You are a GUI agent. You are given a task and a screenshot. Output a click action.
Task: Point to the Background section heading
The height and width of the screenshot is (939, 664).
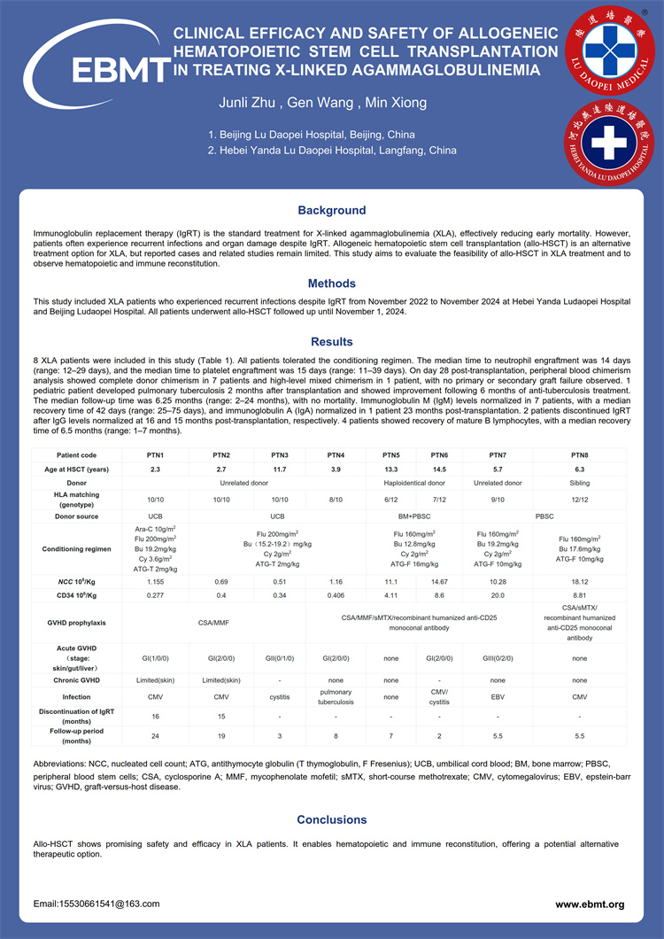tap(331, 211)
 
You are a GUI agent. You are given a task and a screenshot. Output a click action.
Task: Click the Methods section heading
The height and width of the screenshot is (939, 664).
tap(331, 283)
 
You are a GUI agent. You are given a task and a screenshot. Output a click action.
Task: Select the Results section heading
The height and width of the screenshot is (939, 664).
tap(331, 342)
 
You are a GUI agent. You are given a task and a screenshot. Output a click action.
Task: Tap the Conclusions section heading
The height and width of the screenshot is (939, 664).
tap(331, 820)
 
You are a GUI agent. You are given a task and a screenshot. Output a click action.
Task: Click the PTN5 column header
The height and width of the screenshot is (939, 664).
tap(390, 454)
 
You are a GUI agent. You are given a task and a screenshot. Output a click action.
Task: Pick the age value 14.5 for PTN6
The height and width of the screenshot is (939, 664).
tap(440, 469)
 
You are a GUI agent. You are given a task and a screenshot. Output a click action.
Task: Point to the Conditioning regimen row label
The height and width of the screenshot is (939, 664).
tap(76, 549)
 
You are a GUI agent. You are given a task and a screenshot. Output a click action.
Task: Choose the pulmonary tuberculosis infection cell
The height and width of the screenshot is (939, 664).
tap(336, 697)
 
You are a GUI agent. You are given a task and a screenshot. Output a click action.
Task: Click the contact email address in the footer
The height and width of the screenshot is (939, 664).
tap(97, 904)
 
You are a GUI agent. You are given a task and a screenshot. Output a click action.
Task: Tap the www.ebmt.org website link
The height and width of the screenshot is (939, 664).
tap(590, 904)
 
